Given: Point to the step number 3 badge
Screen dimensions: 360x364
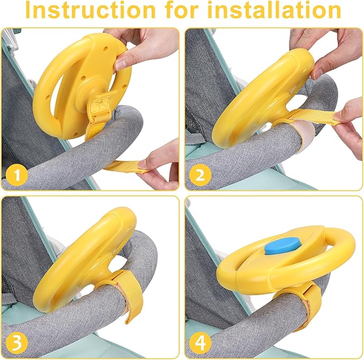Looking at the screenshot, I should (18, 341).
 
